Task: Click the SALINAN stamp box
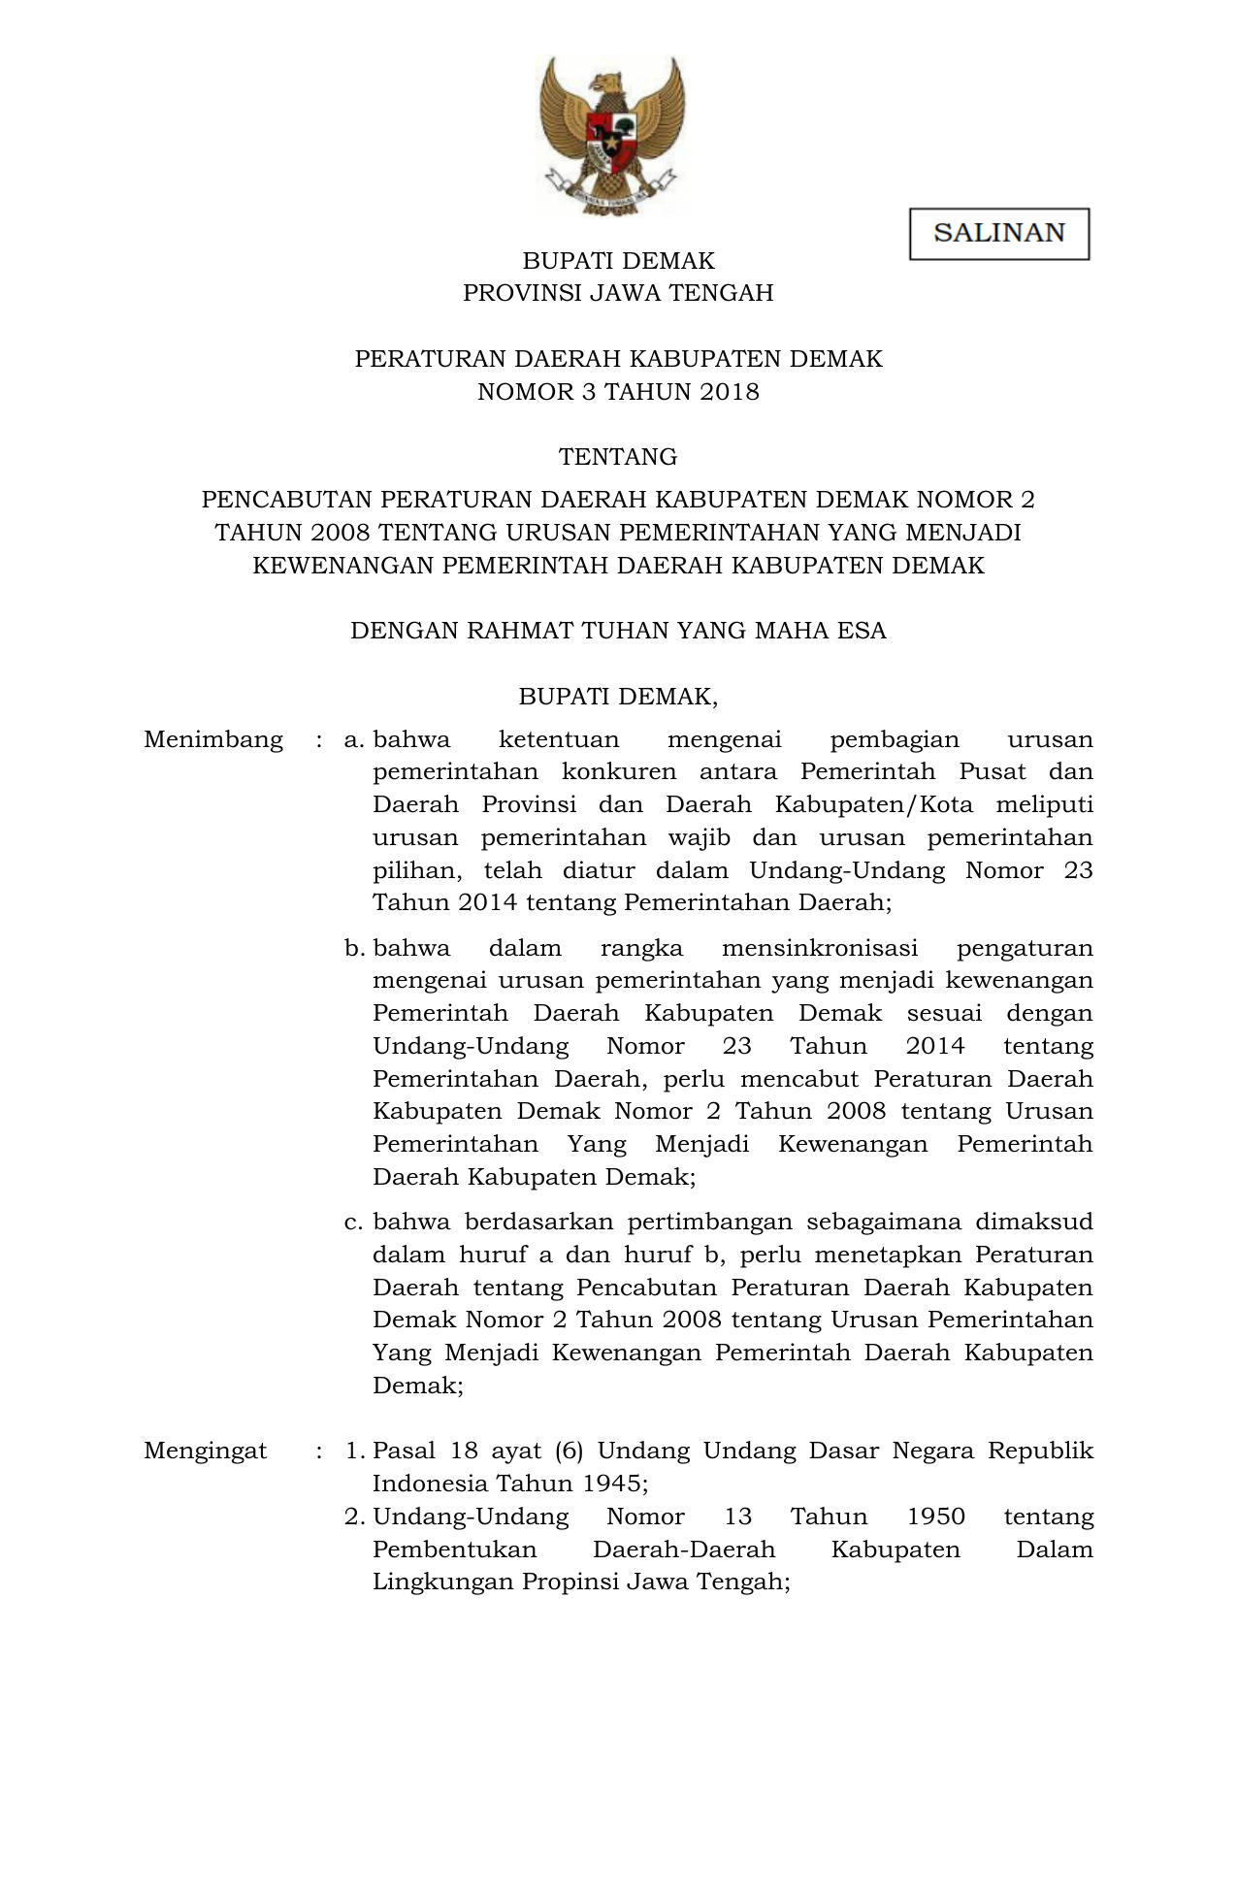pyautogui.click(x=998, y=234)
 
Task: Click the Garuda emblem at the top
pyautogui.click(x=611, y=134)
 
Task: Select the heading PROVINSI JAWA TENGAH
pyautogui.click(x=618, y=293)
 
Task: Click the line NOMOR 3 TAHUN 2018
pyautogui.click(x=618, y=392)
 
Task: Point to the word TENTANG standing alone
pyautogui.click(x=618, y=457)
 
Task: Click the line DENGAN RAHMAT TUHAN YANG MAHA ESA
pyautogui.click(x=618, y=631)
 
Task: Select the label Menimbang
pyautogui.click(x=213, y=739)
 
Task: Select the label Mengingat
pyautogui.click(x=206, y=1451)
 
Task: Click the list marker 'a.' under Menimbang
pyautogui.click(x=354, y=740)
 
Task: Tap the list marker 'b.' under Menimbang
pyautogui.click(x=354, y=948)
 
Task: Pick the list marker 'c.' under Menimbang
pyautogui.click(x=354, y=1223)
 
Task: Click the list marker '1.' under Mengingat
pyautogui.click(x=354, y=1452)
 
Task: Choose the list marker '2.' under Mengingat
pyautogui.click(x=354, y=1517)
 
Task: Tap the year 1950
pyautogui.click(x=935, y=1517)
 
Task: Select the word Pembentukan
pyautogui.click(x=454, y=1549)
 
